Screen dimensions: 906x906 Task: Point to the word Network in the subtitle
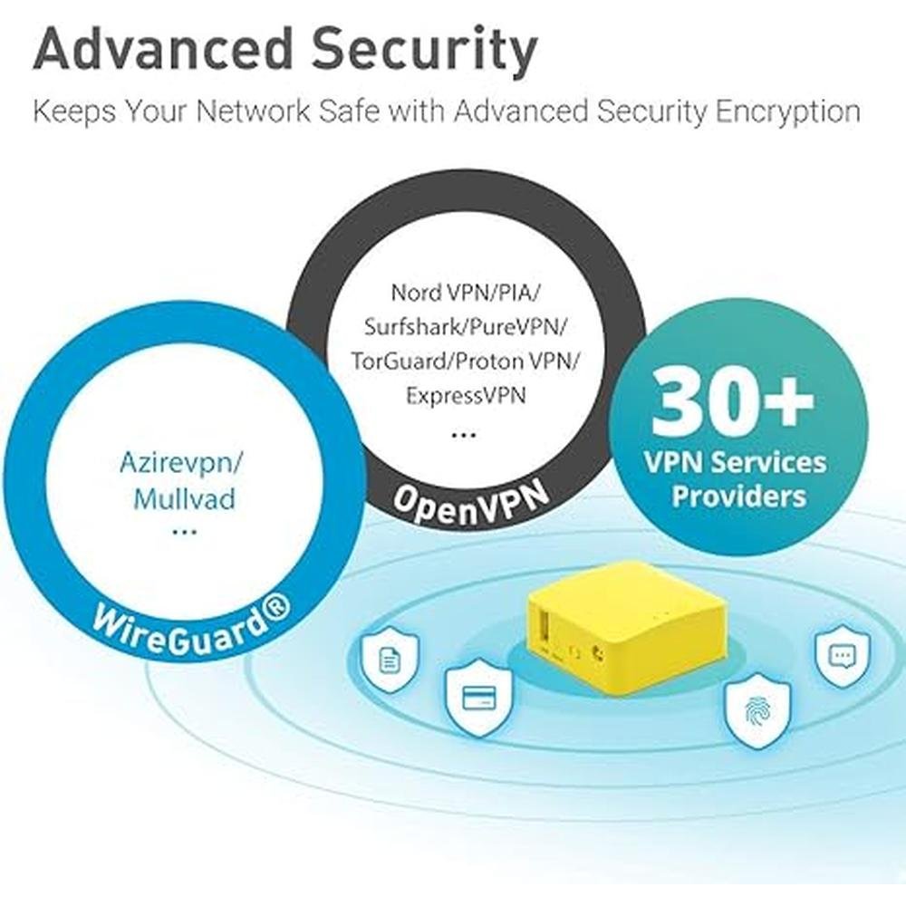254,111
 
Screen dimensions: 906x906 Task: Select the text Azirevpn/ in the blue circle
181,463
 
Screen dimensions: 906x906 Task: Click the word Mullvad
184,498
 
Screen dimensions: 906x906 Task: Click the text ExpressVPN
466,396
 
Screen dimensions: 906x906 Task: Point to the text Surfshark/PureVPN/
466,327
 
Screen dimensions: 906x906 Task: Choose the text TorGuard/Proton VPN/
466,361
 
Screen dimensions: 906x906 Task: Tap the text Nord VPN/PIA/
466,293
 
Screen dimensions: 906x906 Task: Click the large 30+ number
734,400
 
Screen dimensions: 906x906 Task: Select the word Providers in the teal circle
739,496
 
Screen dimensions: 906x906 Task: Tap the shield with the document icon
390,658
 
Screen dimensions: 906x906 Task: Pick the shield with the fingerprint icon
757,710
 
